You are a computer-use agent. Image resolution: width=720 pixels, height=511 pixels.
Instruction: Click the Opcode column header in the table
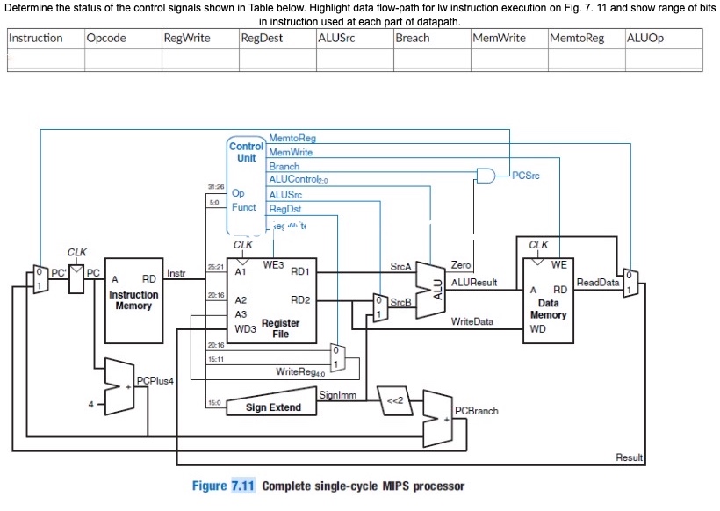click(x=106, y=38)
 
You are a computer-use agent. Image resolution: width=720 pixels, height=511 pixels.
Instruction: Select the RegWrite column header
click(x=186, y=38)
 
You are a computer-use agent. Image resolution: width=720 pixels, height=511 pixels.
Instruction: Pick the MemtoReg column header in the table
click(x=575, y=38)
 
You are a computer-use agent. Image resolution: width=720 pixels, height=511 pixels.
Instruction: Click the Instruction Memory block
click(x=133, y=299)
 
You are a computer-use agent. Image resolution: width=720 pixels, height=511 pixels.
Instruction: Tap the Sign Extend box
click(x=273, y=407)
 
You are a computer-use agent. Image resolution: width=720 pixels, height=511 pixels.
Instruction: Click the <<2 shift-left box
click(x=394, y=400)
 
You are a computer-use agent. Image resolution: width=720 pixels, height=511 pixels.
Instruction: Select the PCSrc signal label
click(x=525, y=176)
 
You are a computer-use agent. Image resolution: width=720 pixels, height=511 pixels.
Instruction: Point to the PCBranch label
click(x=476, y=411)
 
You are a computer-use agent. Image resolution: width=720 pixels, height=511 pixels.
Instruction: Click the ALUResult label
click(x=474, y=282)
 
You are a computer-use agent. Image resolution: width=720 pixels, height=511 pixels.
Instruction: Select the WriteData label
click(x=472, y=322)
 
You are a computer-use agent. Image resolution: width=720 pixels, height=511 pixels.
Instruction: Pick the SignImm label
click(x=337, y=396)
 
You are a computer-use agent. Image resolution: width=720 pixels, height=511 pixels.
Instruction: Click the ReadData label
click(x=597, y=282)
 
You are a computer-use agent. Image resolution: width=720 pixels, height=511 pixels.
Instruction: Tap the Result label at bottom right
click(x=629, y=457)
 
